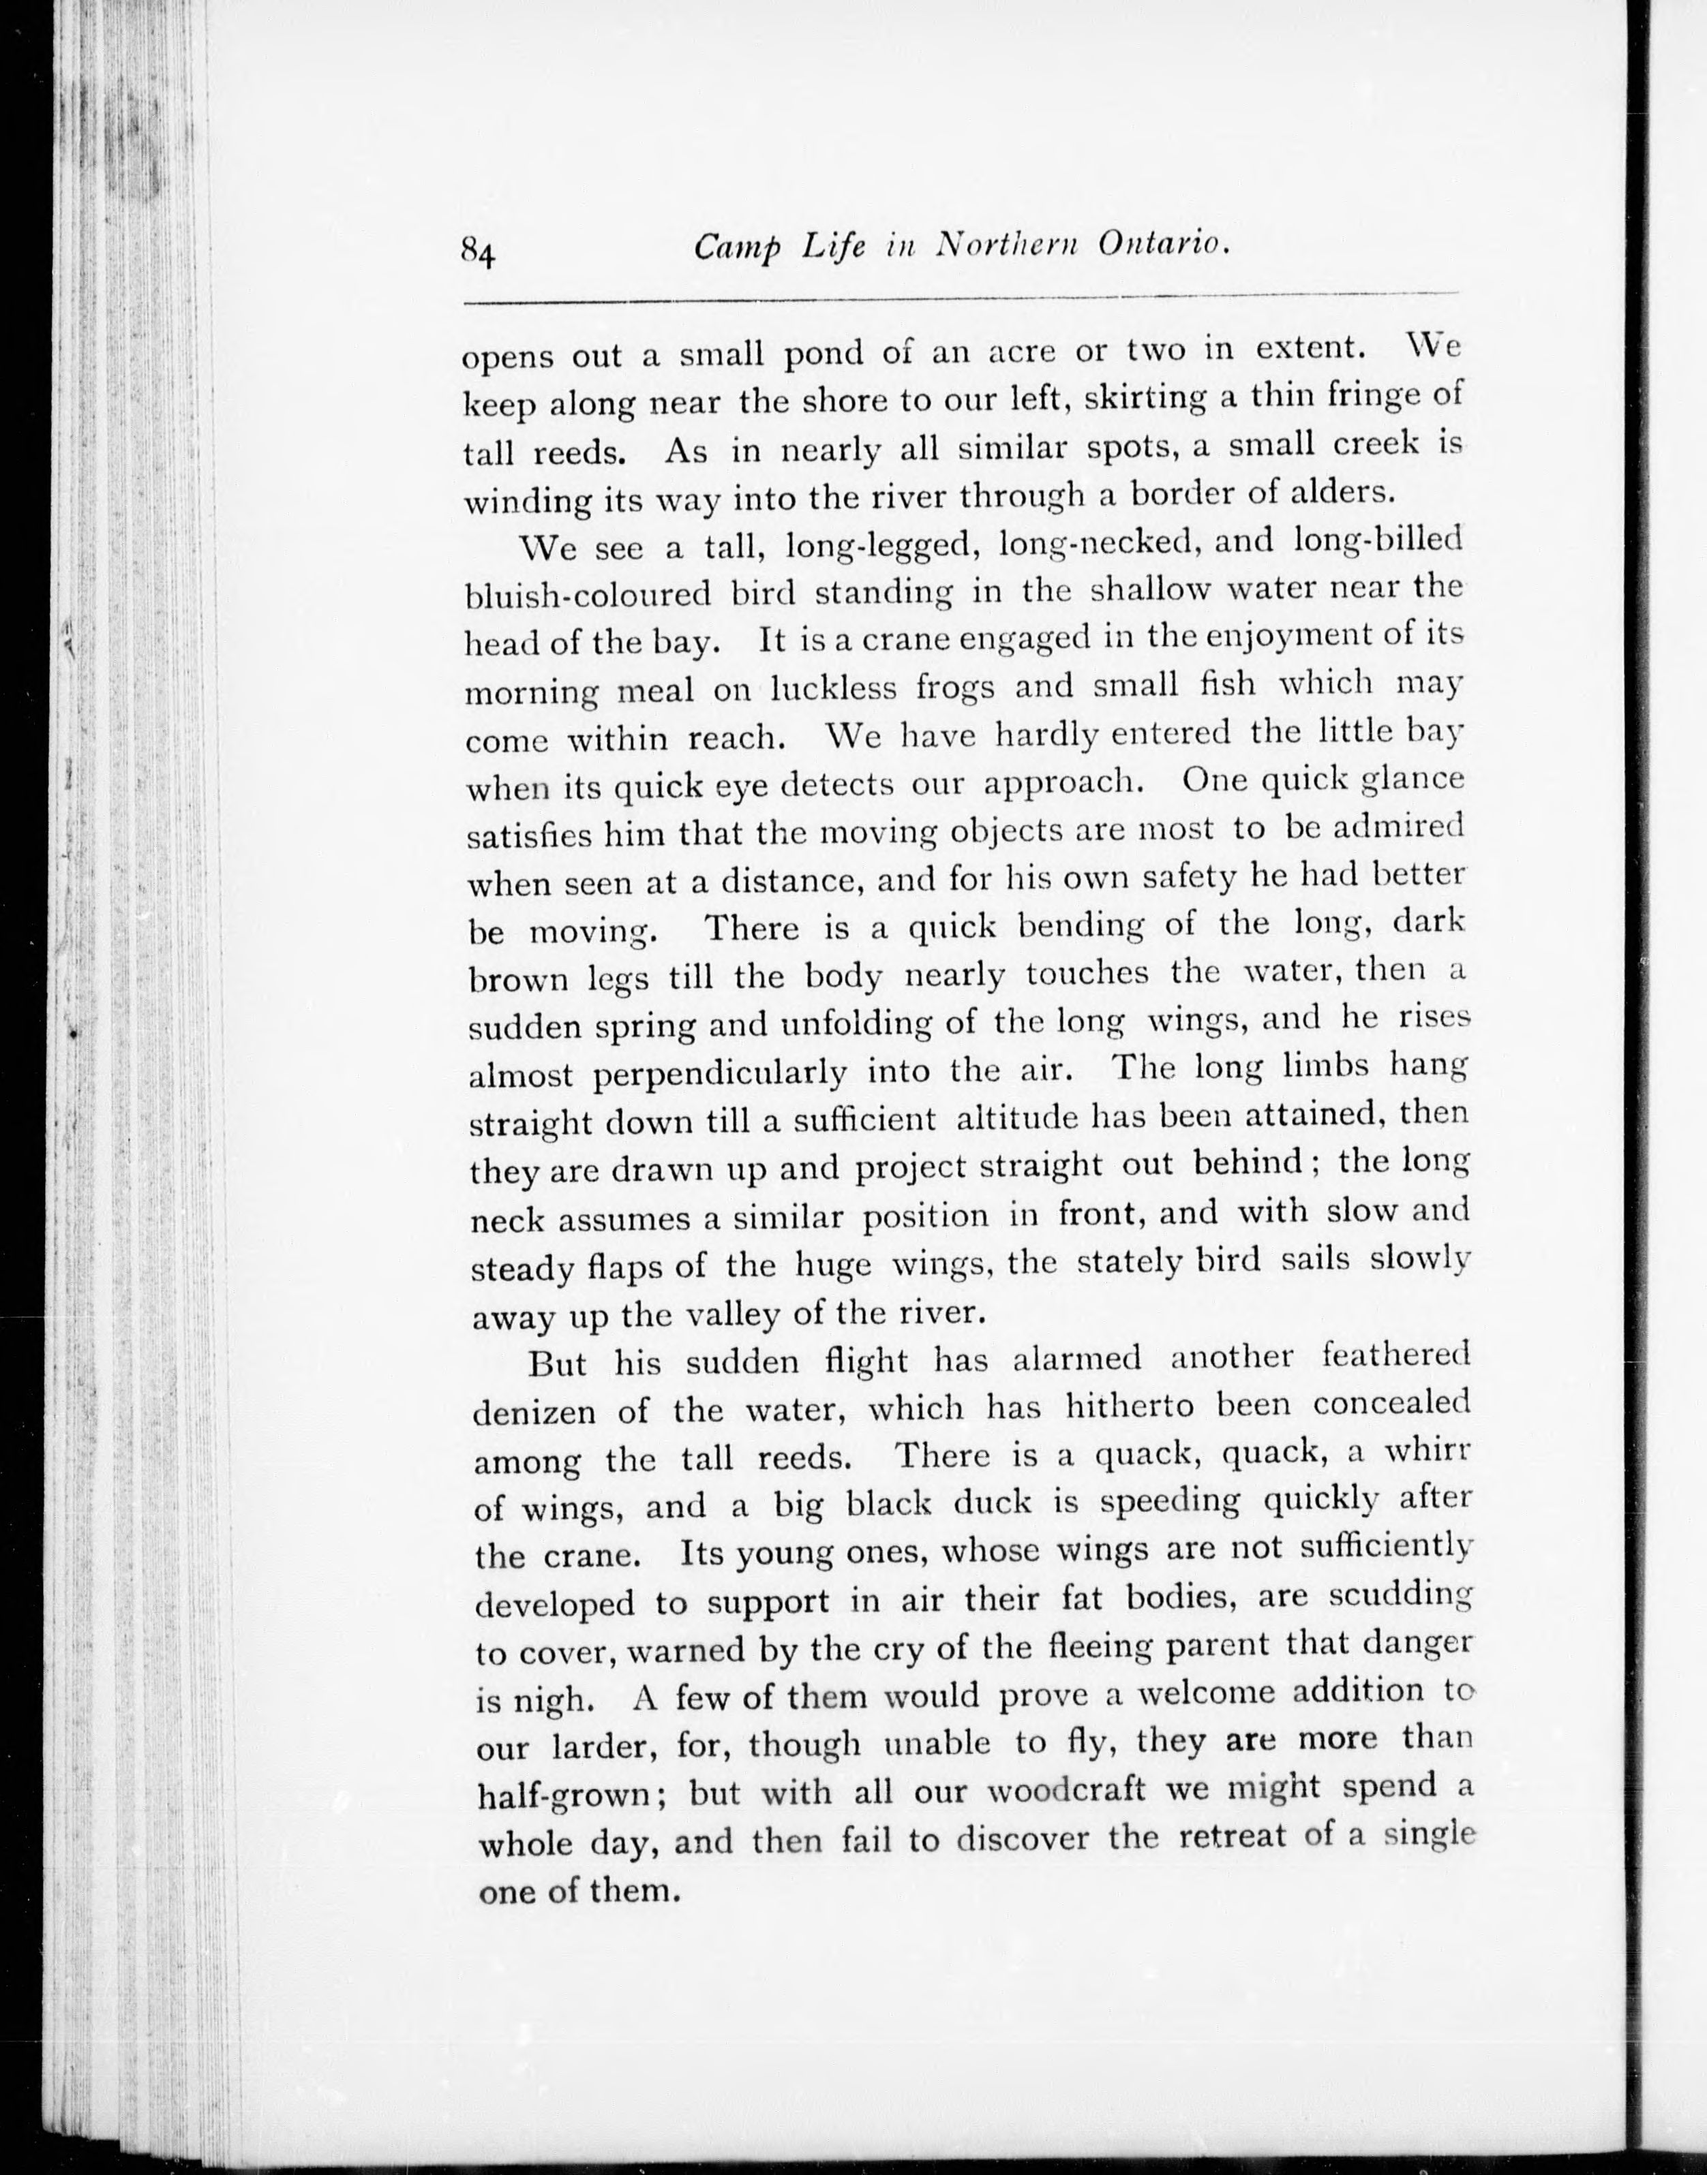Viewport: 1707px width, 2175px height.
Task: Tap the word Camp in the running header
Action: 736,248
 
